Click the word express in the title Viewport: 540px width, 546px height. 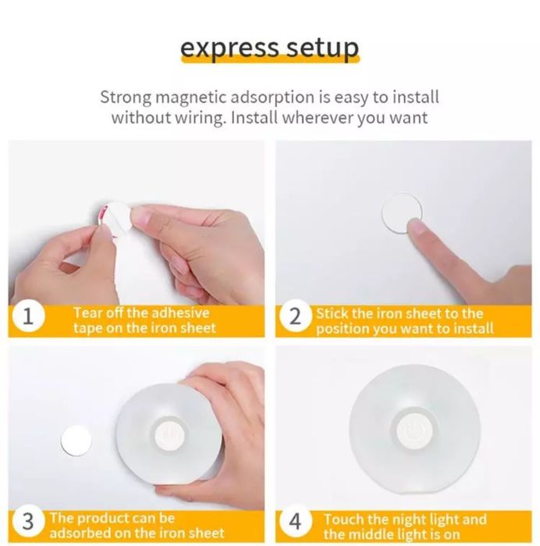pyautogui.click(x=229, y=48)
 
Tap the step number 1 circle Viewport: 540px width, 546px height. pyautogui.click(x=28, y=317)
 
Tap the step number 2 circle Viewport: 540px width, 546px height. pyautogui.click(x=295, y=316)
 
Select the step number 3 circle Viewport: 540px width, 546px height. pyautogui.click(x=28, y=521)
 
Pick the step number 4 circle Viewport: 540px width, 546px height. pyautogui.click(x=295, y=521)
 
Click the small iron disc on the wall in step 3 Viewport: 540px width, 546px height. pyautogui.click(x=76, y=440)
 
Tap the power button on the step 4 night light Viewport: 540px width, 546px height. pyautogui.click(x=414, y=429)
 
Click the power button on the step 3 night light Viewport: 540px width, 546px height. pyautogui.click(x=169, y=435)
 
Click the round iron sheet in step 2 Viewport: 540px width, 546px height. pyautogui.click(x=402, y=212)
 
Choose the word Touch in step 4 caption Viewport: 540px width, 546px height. pyautogui.click(x=344, y=519)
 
